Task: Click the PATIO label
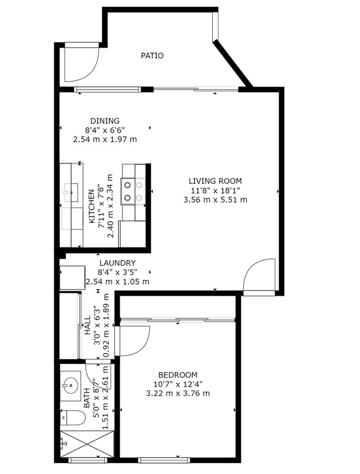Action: [152, 55]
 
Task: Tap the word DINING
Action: [105, 121]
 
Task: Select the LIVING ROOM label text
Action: [215, 181]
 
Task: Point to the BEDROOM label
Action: [177, 374]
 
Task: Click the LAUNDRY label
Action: [117, 263]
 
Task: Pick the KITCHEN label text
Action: [92, 207]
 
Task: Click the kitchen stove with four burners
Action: [133, 190]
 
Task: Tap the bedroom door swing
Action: [134, 339]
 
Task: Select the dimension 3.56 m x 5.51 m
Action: [215, 199]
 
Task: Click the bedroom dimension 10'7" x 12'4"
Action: [177, 384]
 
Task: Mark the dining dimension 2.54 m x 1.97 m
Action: [105, 140]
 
